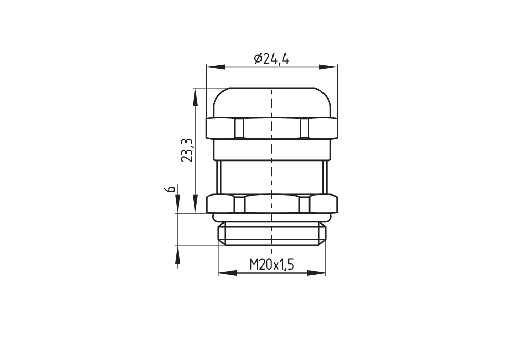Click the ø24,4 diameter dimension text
pyautogui.click(x=271, y=59)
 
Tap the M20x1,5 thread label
pyautogui.click(x=272, y=265)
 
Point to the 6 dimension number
pyautogui.click(x=170, y=189)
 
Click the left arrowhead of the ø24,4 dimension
pyautogui.click(x=215, y=67)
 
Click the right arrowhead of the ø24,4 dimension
pyautogui.click(x=329, y=67)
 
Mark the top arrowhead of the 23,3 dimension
pyautogui.click(x=196, y=97)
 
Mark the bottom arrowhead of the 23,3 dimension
pyautogui.click(x=196, y=203)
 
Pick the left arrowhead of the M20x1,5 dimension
pyautogui.click(x=227, y=273)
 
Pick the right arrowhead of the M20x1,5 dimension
pyautogui.click(x=317, y=273)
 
